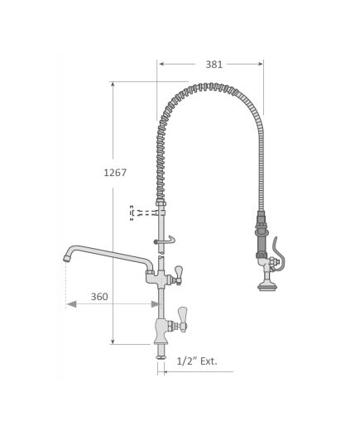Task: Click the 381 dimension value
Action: tap(214, 64)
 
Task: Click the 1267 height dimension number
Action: tap(115, 173)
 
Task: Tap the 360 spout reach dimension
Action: tap(99, 297)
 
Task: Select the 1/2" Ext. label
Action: tap(197, 361)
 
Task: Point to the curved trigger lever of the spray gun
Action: tap(279, 255)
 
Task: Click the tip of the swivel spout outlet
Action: tap(66, 258)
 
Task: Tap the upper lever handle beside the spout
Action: tap(178, 273)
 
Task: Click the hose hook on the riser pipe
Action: tap(166, 241)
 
